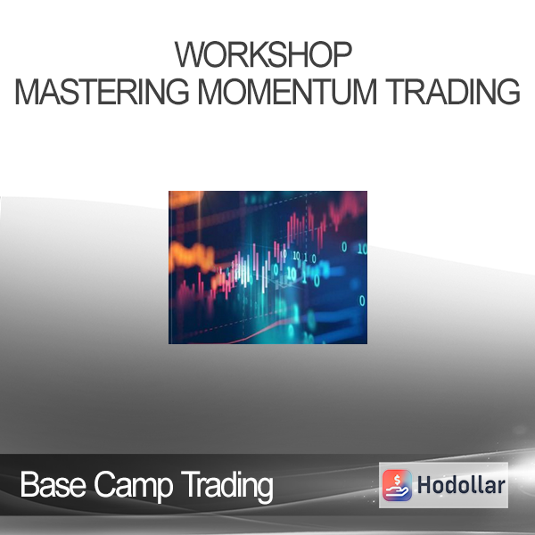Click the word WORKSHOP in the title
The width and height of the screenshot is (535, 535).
coord(263,54)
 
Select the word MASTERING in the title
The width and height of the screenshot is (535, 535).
coord(102,92)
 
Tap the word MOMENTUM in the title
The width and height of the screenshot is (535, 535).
coord(287,92)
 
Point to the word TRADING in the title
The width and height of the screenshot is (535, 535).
coord(453,92)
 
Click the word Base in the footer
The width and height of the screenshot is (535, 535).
coord(53,484)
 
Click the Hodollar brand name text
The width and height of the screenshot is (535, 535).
coord(461,485)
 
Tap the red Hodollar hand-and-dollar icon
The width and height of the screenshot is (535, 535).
coord(397,485)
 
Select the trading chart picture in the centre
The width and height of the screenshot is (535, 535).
coord(267,267)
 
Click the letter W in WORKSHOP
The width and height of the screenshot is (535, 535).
coord(188,54)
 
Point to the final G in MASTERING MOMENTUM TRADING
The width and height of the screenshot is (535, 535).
coord(507,92)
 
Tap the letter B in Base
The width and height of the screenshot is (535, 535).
coord(29,484)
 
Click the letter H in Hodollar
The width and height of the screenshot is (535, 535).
coord(425,485)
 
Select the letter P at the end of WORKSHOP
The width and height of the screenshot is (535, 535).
coord(343,54)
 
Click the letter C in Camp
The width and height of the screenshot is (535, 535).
coord(104,484)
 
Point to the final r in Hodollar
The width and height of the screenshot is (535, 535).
coord(500,488)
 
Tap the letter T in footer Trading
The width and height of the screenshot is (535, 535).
coord(189,484)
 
